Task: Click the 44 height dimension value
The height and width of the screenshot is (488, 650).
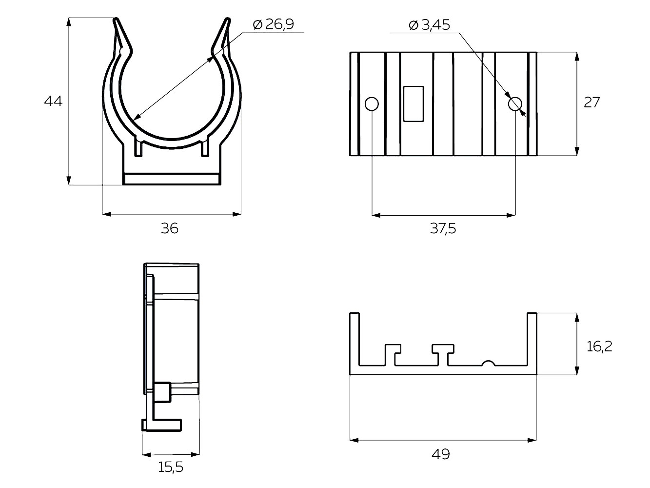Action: point(53,102)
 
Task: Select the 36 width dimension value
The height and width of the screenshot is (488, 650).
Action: point(170,228)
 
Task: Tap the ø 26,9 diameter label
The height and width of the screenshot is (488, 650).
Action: point(274,24)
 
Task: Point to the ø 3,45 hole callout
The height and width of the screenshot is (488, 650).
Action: point(429,25)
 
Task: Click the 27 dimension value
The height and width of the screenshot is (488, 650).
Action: point(591,102)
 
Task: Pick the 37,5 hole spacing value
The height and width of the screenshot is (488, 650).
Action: point(443,229)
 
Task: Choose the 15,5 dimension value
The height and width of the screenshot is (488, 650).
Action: point(171,467)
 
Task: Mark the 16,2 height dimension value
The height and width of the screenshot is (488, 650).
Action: point(599,346)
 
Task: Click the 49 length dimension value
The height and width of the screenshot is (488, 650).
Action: point(441,454)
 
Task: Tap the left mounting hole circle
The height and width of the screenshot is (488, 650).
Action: point(372,104)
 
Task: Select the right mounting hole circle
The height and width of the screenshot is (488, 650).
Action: point(515,104)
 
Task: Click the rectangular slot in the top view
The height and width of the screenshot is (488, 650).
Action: point(414,104)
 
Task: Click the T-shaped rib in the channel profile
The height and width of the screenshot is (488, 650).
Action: point(443,355)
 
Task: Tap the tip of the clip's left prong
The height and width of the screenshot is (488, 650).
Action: point(117,19)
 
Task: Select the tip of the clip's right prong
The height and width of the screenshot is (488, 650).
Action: point(228,19)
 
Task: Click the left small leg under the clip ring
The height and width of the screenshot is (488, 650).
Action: point(139,146)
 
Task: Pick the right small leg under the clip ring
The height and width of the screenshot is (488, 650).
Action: point(205,146)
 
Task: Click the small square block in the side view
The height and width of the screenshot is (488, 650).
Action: point(162,392)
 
